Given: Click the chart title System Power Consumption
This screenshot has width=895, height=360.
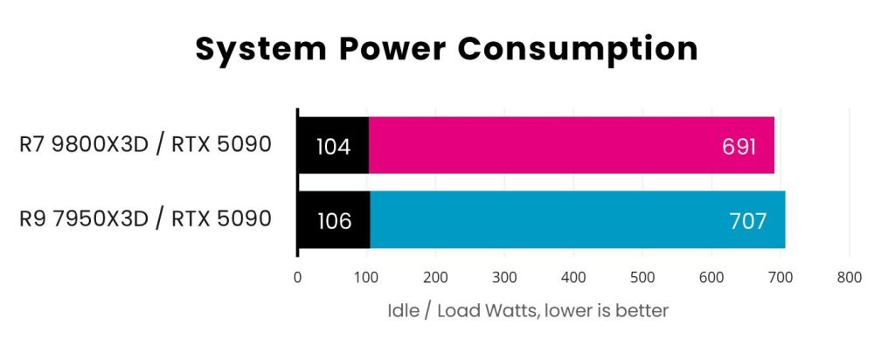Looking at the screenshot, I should tap(447, 49).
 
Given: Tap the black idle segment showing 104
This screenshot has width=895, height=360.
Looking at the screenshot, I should tap(333, 144).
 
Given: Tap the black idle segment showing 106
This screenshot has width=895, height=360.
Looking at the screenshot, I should tap(334, 219).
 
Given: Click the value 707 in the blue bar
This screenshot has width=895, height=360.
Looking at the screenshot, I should tap(747, 220).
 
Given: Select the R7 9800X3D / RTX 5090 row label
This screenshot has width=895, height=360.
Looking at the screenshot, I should tap(145, 144).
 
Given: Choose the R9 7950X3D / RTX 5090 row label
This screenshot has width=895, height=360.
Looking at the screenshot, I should tap(145, 218).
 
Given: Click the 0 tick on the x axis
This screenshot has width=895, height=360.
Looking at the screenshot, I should tap(298, 278).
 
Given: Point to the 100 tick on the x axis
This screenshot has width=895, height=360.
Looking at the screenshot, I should tap(366, 278).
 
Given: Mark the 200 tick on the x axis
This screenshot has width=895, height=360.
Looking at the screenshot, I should tap(435, 278).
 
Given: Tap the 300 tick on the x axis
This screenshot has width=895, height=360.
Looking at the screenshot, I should tap(504, 278).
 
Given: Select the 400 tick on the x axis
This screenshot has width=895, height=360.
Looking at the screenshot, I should tap(573, 278).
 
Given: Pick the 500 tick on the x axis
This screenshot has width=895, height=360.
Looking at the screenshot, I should tap(642, 278).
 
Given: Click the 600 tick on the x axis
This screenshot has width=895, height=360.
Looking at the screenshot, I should tap(711, 278).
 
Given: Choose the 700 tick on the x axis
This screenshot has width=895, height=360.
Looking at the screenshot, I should tap(780, 278).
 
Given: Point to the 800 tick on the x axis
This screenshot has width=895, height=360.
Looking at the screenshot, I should tap(849, 278).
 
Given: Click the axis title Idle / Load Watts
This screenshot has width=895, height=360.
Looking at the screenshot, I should tap(527, 311).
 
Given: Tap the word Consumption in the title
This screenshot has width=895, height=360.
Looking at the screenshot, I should tap(577, 49).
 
